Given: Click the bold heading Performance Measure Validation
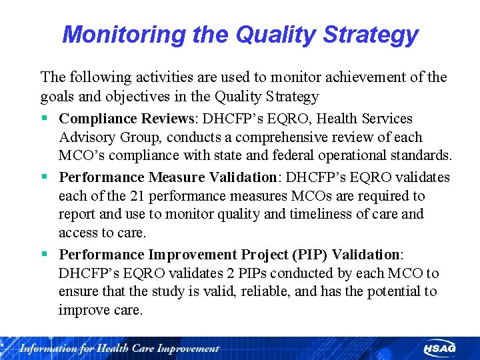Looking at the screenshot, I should (167, 177).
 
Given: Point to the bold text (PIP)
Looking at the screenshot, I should (309, 255).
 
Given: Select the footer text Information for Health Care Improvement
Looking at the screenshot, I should (119, 348).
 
